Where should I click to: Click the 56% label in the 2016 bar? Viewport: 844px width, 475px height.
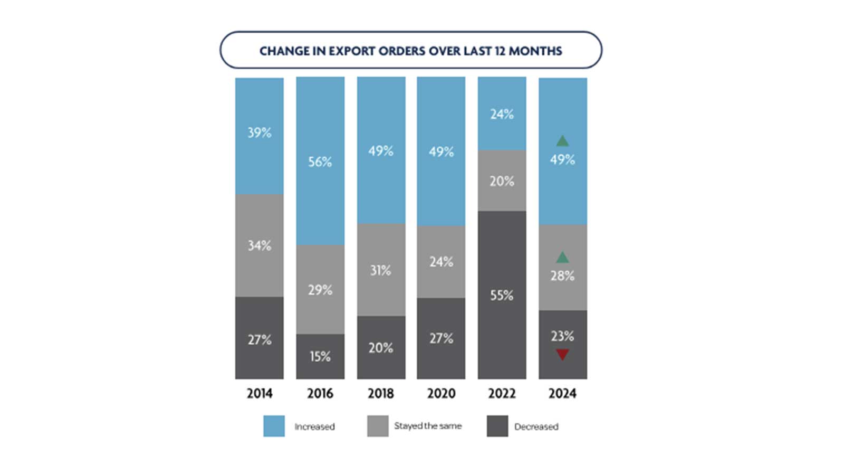320,161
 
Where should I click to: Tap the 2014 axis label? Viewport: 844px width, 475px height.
260,393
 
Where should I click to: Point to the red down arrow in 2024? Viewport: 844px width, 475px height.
562,354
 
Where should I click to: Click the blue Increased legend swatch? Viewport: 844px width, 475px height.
274,426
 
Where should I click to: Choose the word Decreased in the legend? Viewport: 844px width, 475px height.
536,426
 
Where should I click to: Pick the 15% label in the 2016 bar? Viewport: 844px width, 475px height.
320,357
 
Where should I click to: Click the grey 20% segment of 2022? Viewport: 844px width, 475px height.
502,181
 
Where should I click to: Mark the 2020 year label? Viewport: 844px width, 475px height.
441,393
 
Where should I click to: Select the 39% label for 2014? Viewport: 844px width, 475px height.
260,132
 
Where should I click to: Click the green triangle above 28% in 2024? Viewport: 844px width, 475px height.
562,258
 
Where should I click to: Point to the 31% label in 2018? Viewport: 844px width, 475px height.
380,270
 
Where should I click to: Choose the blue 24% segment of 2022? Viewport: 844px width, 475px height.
502,114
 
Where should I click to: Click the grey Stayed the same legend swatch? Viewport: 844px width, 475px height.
378,426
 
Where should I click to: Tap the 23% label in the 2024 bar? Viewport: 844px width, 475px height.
562,336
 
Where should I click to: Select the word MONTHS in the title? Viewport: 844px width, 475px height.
535,51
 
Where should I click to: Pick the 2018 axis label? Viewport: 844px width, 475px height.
380,393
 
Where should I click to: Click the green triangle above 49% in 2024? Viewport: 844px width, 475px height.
562,141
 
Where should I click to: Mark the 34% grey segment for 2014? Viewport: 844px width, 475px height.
260,245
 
